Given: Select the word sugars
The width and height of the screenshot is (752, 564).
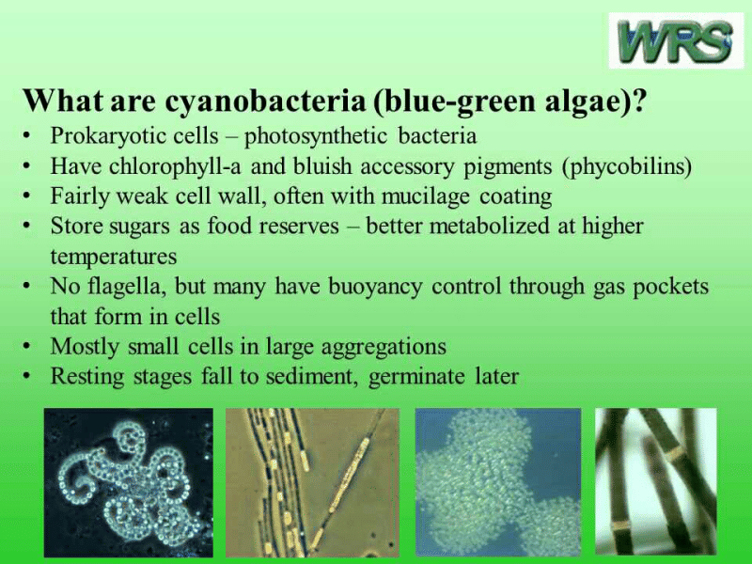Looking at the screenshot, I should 137,227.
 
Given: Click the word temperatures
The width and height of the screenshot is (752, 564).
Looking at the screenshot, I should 113,256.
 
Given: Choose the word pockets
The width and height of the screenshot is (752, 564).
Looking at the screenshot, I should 669,286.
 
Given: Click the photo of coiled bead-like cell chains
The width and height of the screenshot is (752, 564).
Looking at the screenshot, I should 128,483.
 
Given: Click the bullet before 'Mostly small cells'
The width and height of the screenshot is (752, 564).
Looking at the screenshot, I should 32,346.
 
